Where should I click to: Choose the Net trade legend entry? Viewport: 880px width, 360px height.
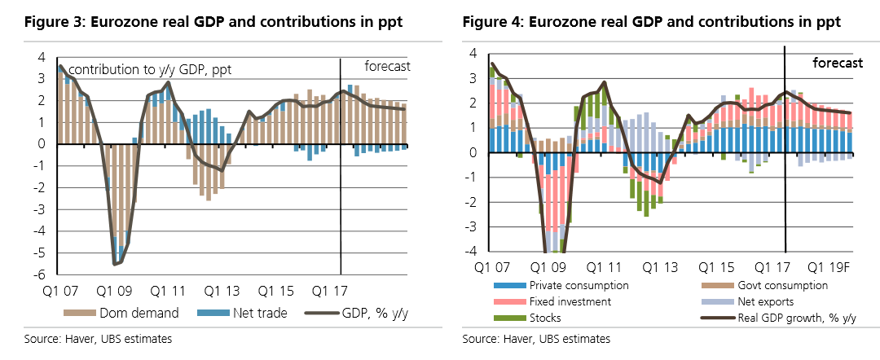[x=231, y=313]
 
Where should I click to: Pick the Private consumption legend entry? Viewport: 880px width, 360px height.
[x=578, y=285]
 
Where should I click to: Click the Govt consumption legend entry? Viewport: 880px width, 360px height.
[x=779, y=285]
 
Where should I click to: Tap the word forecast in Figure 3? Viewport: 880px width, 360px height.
[x=386, y=66]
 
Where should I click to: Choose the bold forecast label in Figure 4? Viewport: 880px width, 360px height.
[x=838, y=63]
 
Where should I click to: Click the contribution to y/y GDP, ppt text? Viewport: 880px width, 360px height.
[x=150, y=70]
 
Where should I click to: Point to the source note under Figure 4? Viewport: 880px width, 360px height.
[x=535, y=338]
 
